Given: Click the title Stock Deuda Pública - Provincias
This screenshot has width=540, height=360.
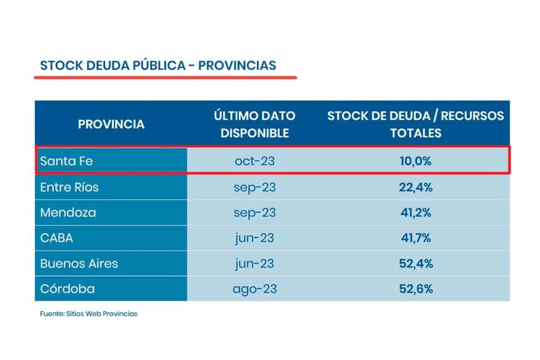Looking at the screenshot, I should tap(158, 66).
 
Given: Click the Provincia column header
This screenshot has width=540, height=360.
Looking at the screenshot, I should tap(111, 124).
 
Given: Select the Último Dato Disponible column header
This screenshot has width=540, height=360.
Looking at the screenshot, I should tap(254, 124).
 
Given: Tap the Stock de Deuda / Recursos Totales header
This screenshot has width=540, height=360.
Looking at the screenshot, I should tap(415, 124).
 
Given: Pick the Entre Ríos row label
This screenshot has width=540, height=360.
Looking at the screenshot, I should tap(69, 187).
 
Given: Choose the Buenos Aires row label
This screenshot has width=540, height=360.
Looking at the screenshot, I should tap(79, 263).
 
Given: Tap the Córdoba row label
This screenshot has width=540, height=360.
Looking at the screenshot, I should tap(68, 289).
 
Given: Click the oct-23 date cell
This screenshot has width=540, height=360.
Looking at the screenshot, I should tap(254, 161).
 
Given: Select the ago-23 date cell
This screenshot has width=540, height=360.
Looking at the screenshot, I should tap(254, 289).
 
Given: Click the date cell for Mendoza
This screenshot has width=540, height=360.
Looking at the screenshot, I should tap(254, 213).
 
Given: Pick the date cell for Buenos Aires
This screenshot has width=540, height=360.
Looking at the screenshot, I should tap(254, 263).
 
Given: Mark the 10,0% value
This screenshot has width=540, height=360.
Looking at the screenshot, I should tap(415, 161).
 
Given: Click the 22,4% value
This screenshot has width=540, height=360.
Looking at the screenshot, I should tap(415, 187).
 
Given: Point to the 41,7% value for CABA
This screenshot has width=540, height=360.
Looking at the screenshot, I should tap(415, 238).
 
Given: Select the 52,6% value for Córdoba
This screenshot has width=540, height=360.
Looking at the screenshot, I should tap(415, 289).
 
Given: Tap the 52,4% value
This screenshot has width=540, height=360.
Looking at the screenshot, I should tap(415, 263).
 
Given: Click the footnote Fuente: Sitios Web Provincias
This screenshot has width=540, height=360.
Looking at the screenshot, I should tap(89, 313).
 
